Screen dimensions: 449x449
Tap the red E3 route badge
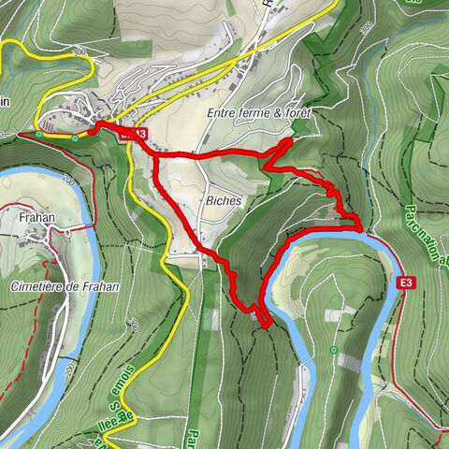pos(405,282)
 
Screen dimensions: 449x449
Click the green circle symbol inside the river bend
pos(333,350)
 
